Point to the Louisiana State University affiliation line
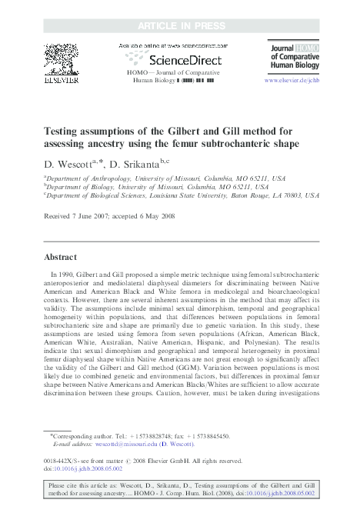[180, 196]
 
